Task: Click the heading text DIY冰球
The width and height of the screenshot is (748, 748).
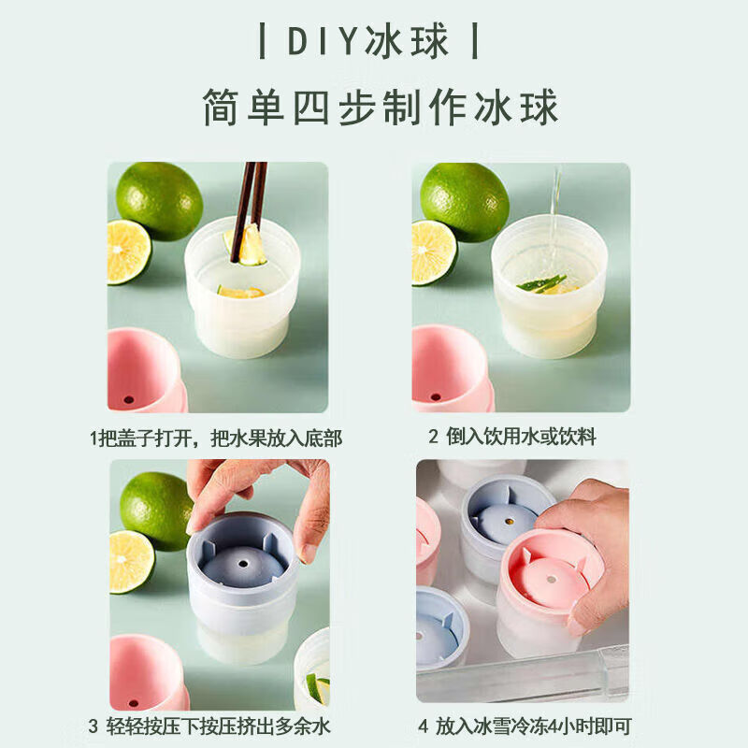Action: [368, 42]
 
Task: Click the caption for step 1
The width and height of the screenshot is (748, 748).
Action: [216, 438]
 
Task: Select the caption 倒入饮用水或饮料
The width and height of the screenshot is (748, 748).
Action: [511, 437]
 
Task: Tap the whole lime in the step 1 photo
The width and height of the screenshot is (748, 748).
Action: [159, 200]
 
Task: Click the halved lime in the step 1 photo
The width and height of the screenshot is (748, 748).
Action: [128, 252]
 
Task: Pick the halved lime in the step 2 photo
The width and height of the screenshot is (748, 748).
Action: [433, 252]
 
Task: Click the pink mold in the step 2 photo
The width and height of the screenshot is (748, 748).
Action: [449, 369]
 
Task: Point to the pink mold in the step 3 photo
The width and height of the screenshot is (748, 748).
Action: [147, 671]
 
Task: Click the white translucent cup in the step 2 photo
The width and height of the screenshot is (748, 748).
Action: [549, 290]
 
